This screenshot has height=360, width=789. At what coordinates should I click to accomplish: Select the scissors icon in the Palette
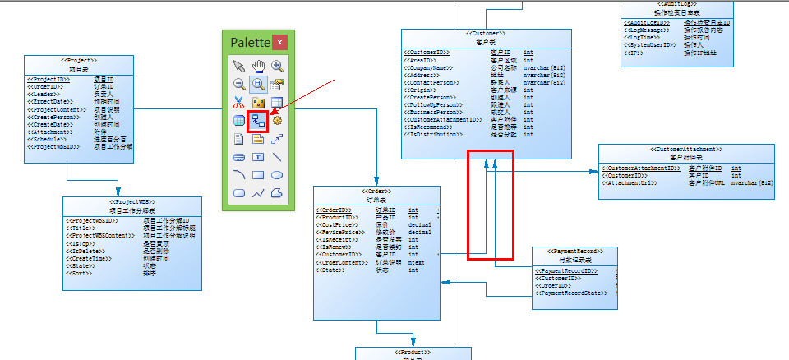(x=239, y=103)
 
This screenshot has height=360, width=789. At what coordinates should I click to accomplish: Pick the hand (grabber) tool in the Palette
(x=258, y=66)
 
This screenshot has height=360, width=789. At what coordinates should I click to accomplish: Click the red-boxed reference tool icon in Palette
(x=258, y=121)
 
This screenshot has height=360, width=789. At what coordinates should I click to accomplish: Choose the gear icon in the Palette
(x=277, y=121)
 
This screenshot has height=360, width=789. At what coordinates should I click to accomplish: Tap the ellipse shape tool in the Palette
(x=277, y=174)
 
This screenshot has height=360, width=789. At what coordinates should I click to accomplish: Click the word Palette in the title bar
(x=249, y=42)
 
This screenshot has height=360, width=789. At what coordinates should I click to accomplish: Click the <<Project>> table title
(x=79, y=61)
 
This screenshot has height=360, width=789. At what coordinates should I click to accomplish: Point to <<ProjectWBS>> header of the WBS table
(x=132, y=201)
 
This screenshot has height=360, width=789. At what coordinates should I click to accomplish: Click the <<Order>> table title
(x=377, y=191)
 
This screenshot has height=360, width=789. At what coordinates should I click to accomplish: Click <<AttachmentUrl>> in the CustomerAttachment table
(x=632, y=182)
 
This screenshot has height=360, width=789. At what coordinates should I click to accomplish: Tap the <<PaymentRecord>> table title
(x=574, y=252)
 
